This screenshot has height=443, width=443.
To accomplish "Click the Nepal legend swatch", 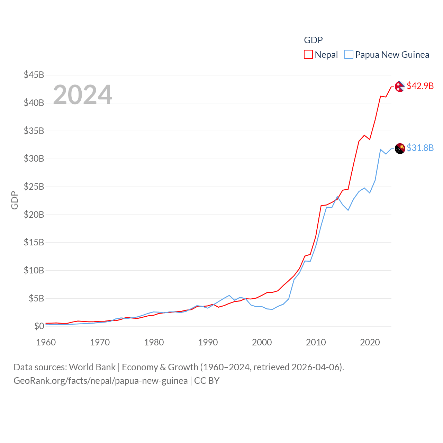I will [x=308, y=55].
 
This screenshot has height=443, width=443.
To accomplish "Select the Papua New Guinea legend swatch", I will [x=349, y=55].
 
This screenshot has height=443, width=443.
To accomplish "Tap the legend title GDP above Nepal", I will [x=313, y=40].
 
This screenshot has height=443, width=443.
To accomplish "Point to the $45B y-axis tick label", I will [x=34, y=75].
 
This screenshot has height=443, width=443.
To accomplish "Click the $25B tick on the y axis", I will [x=34, y=187].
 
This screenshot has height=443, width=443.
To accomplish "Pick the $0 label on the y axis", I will [x=39, y=326].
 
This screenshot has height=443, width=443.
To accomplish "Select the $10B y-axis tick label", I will [x=34, y=270].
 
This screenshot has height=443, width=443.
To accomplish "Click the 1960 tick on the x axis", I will [x=46, y=342].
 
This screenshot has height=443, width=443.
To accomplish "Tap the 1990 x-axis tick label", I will [x=208, y=342].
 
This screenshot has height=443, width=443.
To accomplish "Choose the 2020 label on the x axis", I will [x=370, y=342].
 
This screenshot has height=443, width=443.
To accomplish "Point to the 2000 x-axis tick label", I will [x=262, y=342].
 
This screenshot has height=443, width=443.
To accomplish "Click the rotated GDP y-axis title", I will [x=15, y=200].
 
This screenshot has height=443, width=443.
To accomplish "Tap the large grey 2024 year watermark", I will [x=82, y=95].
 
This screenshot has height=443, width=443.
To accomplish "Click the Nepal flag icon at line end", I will [x=400, y=87].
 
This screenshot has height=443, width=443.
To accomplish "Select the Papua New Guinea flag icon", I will [x=400, y=148].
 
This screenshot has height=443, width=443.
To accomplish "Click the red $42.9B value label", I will [x=420, y=86].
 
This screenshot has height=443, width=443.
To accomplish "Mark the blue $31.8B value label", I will [x=420, y=148].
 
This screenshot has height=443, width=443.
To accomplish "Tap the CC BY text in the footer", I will [x=207, y=381].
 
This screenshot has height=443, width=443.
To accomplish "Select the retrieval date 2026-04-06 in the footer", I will [x=317, y=367].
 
